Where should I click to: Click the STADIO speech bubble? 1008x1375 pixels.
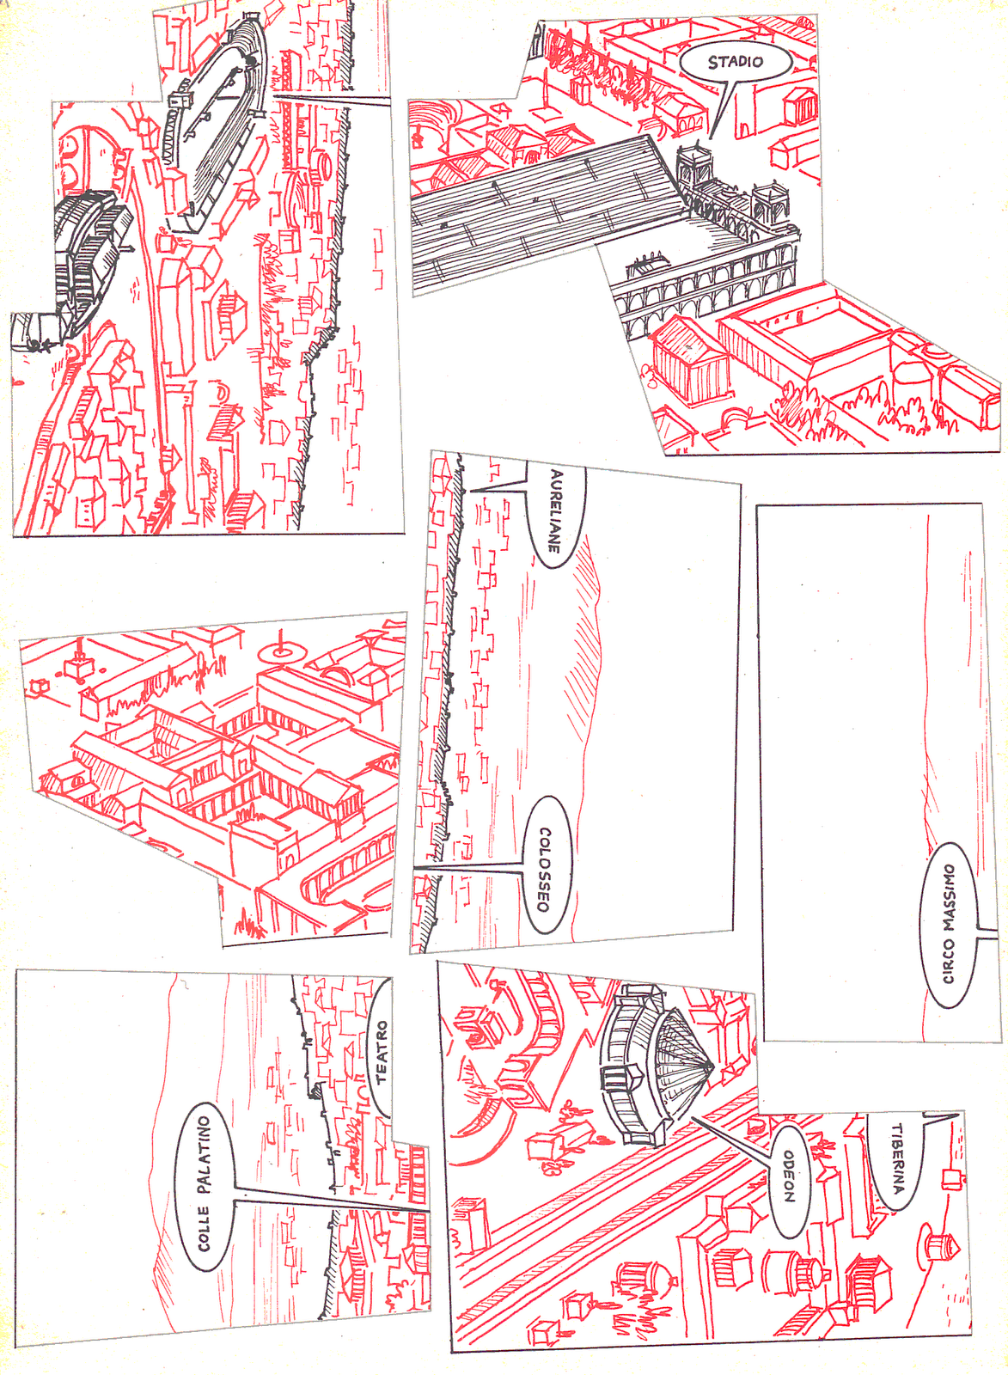tap(735, 62)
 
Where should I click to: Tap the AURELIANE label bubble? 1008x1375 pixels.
tap(556, 514)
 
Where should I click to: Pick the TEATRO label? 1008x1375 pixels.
tap(382, 1050)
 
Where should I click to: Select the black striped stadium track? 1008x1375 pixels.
tap(541, 215)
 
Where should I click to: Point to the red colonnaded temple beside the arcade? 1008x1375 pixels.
tap(687, 361)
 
